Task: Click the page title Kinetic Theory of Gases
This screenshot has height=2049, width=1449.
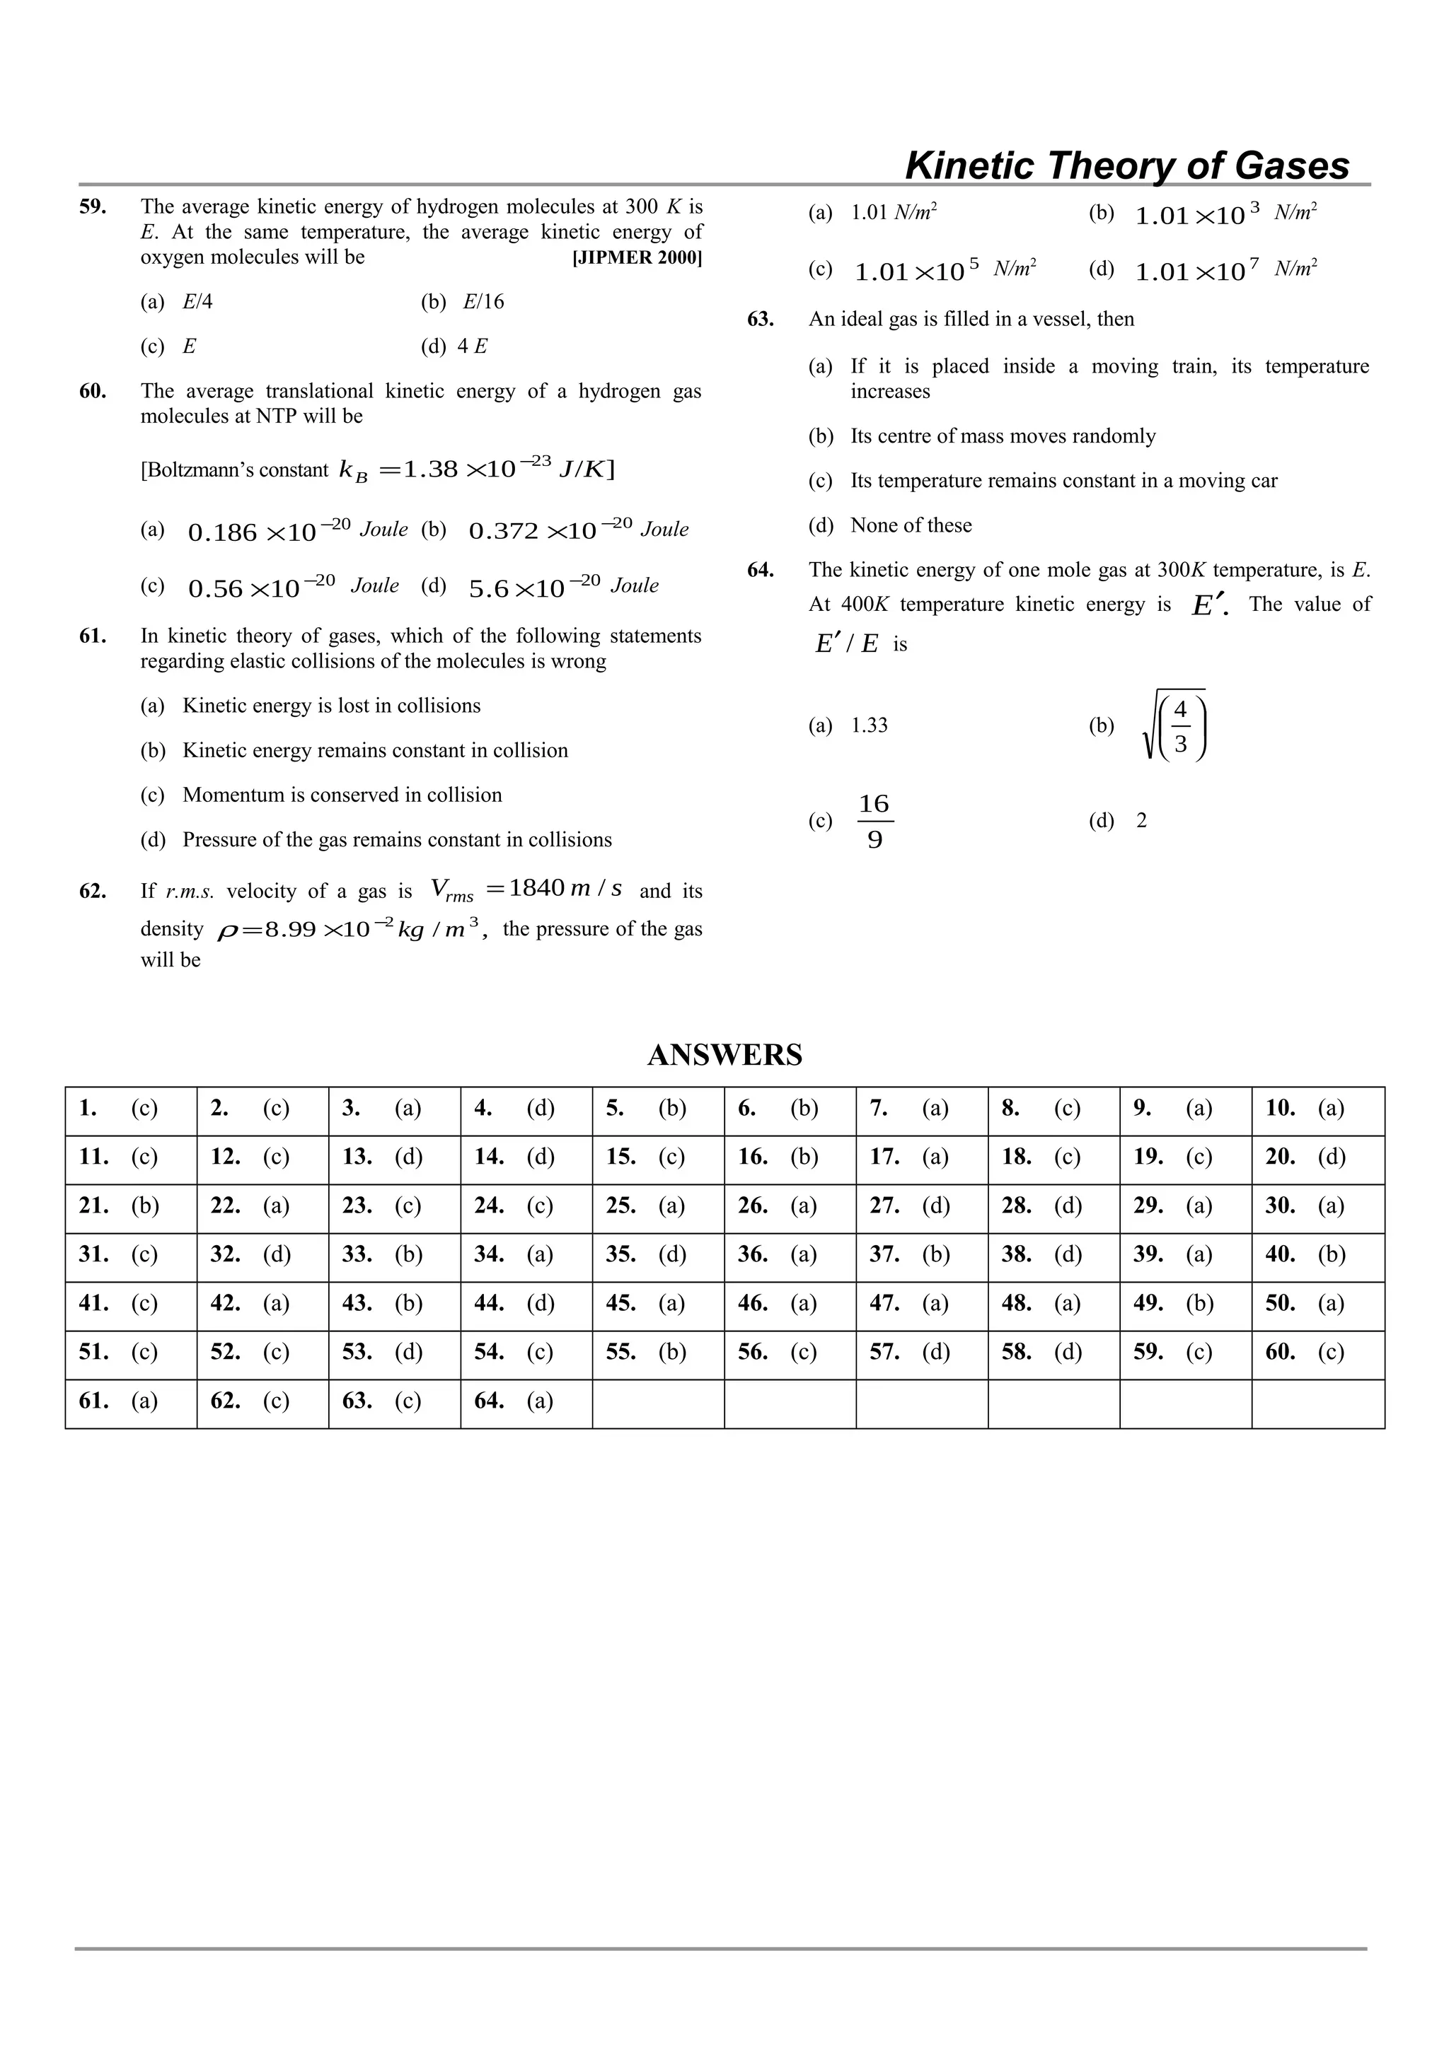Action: click(1126, 166)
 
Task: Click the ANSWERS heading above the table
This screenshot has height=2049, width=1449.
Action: click(724, 1055)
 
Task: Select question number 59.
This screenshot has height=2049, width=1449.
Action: click(93, 207)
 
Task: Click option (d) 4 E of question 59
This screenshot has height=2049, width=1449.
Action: click(471, 346)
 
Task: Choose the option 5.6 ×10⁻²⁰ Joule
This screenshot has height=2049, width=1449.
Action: click(562, 586)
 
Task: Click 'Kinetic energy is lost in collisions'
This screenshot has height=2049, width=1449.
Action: click(331, 706)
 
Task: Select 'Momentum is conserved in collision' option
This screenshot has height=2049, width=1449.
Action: click(342, 795)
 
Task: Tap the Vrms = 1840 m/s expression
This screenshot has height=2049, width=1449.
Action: click(526, 889)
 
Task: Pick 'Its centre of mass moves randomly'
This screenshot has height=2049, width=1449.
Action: click(1003, 436)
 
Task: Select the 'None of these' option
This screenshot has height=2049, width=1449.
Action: click(911, 525)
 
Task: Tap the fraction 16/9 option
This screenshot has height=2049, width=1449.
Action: click(874, 821)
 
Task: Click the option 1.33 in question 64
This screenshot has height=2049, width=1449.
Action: click(869, 725)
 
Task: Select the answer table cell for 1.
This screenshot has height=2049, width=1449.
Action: click(130, 1109)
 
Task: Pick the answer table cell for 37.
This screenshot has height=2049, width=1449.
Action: click(921, 1256)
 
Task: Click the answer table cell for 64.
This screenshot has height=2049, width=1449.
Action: click(526, 1402)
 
